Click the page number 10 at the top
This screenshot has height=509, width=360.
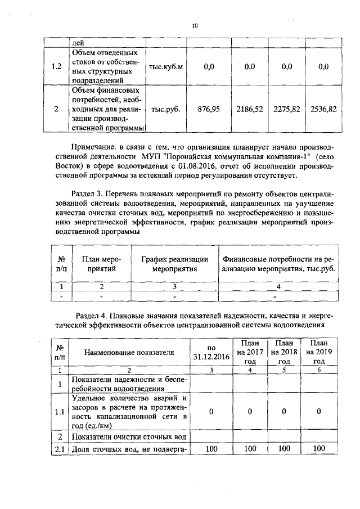pos(195,25)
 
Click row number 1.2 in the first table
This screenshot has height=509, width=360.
pos(56,66)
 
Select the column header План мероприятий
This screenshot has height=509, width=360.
pos(102,263)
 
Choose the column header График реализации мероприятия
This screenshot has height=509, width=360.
pos(174,263)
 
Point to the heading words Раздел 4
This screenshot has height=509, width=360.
pos(93,315)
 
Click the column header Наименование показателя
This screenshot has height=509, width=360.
pos(129,352)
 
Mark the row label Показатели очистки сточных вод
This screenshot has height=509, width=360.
pos(129,436)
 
